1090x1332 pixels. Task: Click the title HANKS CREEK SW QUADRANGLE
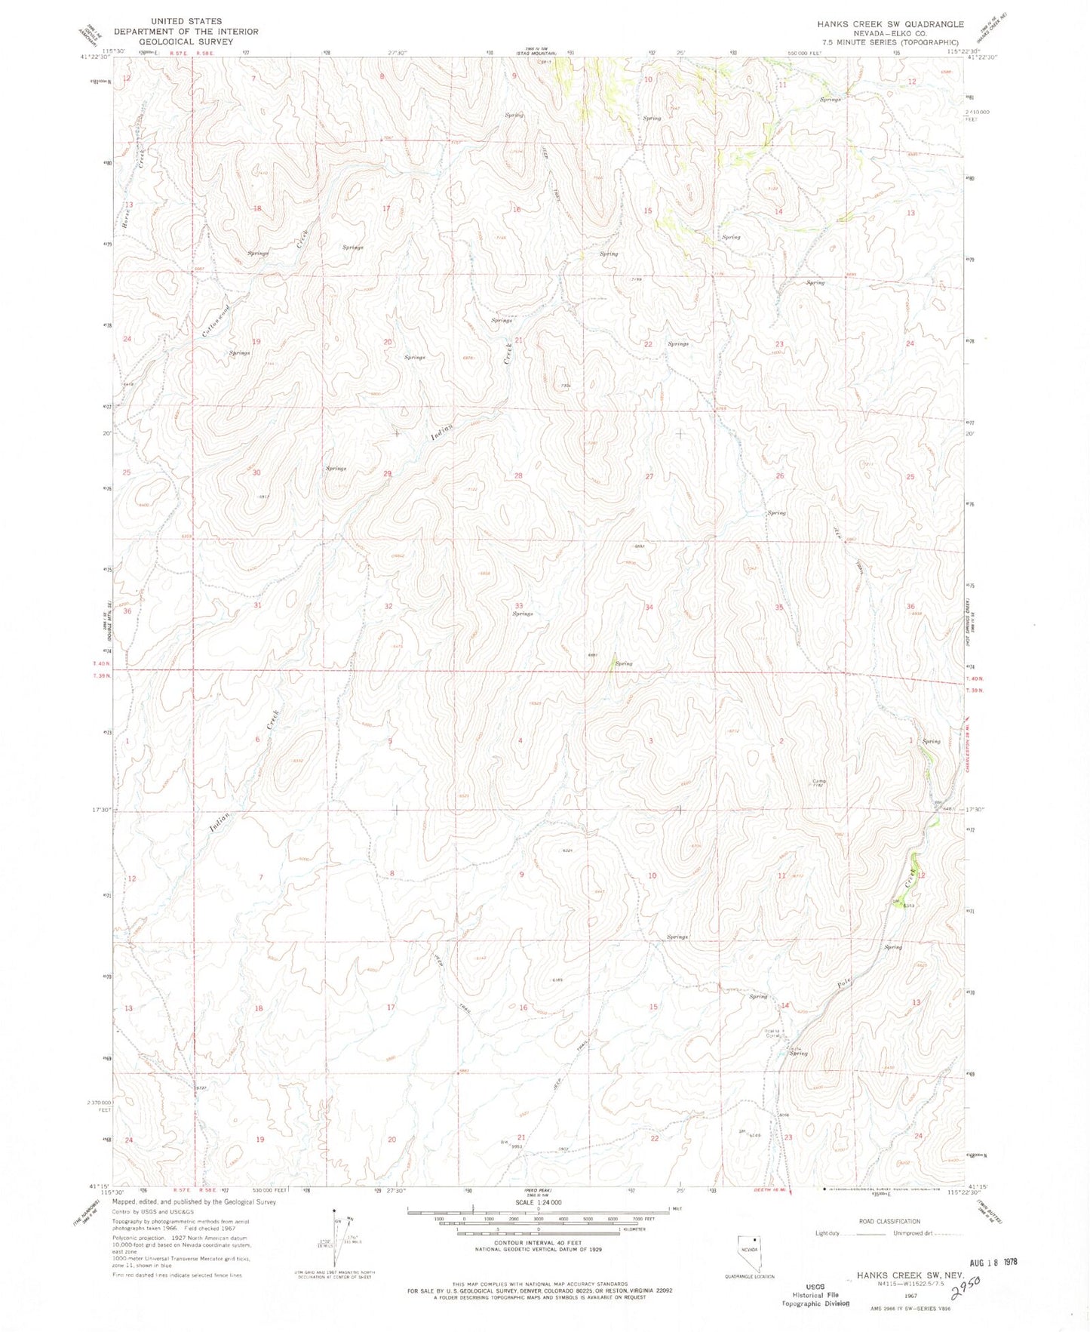[x=890, y=24]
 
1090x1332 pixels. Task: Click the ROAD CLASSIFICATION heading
[x=889, y=1221]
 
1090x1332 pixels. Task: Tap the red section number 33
[x=519, y=606]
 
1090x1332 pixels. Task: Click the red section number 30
[x=256, y=472]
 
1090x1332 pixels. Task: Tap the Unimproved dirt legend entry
[x=917, y=1234]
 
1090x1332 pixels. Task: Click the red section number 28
[x=518, y=475]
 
